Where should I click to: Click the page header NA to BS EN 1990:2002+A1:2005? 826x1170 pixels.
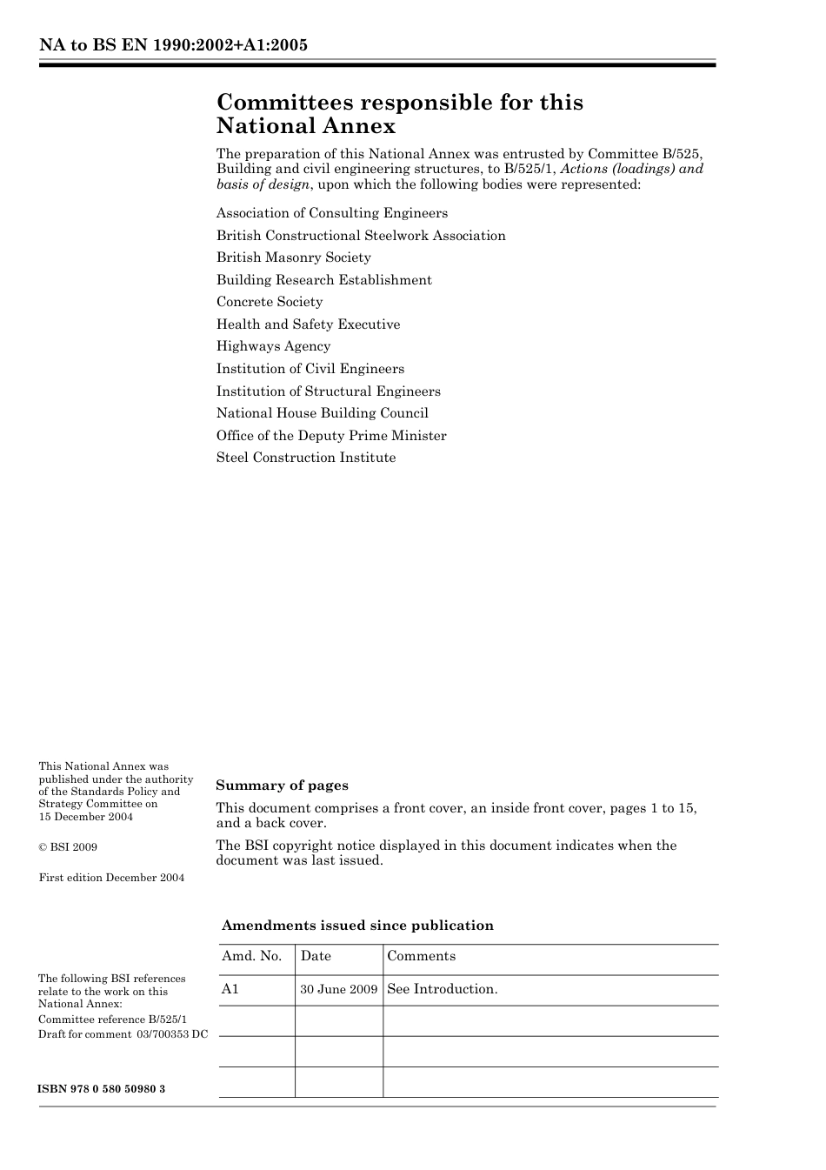(x=173, y=45)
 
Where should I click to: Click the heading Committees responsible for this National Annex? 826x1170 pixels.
(x=399, y=114)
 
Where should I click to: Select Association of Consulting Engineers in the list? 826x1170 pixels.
(x=332, y=213)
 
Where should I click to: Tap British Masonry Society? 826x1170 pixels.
(x=294, y=257)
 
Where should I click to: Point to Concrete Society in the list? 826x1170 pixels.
(x=270, y=302)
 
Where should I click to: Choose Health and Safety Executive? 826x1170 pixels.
(x=309, y=324)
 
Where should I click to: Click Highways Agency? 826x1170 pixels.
(x=274, y=346)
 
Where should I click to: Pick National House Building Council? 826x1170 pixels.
(x=323, y=413)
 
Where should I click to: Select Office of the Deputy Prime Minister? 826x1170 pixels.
(x=331, y=436)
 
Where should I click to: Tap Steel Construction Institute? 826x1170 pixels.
(x=306, y=458)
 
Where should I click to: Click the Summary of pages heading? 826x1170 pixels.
(x=283, y=786)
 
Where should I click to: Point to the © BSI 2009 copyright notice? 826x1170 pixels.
(x=68, y=847)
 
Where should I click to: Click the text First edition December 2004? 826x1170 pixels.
(x=111, y=878)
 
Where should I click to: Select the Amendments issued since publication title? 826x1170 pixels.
(x=357, y=926)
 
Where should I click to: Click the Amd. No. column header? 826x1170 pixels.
(x=252, y=956)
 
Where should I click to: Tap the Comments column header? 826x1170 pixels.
(x=422, y=956)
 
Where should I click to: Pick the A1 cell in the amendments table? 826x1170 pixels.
(x=230, y=989)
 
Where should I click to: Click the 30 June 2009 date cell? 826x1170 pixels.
(x=339, y=990)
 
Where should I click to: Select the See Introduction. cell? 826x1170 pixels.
(x=443, y=989)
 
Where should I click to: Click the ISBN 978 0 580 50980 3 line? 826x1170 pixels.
(x=102, y=1089)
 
